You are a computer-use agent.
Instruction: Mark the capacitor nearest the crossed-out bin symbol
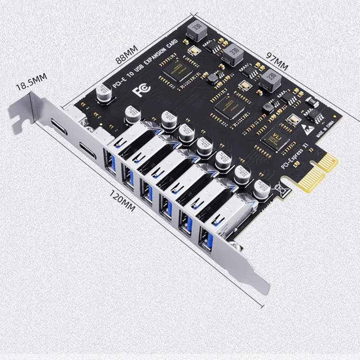261,189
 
